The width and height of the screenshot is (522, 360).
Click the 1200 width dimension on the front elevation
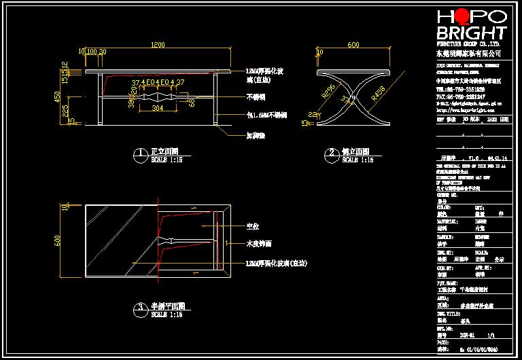[x=157, y=45]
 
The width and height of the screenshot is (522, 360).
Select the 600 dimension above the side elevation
[x=353, y=45]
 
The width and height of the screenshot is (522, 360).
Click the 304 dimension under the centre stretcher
[x=157, y=108]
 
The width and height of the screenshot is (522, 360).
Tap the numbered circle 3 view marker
[x=139, y=308]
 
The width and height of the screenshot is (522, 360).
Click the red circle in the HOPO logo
[x=462, y=16]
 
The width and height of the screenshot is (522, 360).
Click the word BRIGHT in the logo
[x=471, y=33]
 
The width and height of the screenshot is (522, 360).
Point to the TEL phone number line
[x=460, y=89]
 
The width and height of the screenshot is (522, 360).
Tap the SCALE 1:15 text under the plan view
[x=166, y=315]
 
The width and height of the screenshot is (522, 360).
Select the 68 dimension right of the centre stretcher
[x=192, y=103]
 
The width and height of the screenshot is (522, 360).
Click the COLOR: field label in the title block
[x=443, y=206]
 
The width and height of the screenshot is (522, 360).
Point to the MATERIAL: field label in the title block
[x=446, y=221]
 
